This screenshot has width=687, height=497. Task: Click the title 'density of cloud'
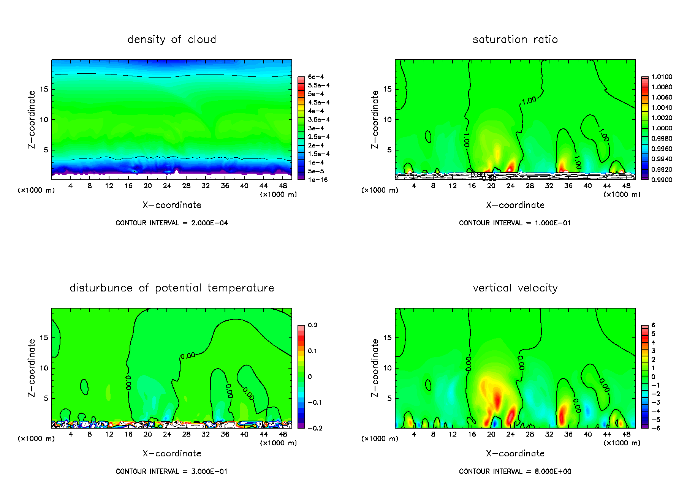click(172, 40)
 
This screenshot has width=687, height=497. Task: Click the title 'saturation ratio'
click(515, 40)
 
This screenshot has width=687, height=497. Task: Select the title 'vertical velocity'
click(515, 288)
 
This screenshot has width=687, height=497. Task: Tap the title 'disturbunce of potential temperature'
click(172, 288)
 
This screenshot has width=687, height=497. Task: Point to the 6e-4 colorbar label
click(316, 77)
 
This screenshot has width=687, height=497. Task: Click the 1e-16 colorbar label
click(318, 180)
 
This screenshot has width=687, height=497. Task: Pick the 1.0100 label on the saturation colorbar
click(662, 77)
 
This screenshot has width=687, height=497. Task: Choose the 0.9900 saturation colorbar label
click(662, 180)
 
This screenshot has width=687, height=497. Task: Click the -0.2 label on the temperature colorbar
click(315, 428)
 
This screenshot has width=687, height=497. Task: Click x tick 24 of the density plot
click(167, 186)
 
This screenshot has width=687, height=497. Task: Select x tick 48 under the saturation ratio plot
click(626, 186)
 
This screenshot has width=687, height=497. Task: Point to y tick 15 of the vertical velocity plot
click(387, 337)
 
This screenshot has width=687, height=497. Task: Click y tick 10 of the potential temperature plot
click(44, 368)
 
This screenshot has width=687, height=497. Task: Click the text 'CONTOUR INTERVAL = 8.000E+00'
click(515, 472)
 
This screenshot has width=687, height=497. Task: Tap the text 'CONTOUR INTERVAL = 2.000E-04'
click(172, 223)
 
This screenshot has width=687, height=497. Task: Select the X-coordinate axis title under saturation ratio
click(515, 205)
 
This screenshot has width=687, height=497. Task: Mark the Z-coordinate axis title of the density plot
click(32, 119)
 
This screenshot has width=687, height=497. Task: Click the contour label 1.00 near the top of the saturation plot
click(529, 100)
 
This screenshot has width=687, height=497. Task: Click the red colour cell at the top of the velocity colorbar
click(645, 328)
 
